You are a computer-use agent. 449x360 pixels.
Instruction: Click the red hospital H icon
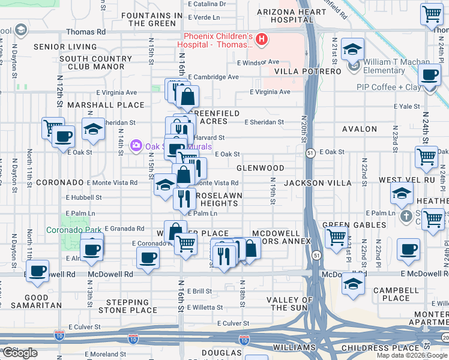click(x=261, y=40)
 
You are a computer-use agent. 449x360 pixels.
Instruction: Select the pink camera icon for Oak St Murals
click(x=136, y=145)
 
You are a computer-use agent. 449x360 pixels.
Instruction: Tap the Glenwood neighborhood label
click(x=260, y=169)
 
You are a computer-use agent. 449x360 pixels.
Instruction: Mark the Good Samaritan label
click(x=37, y=302)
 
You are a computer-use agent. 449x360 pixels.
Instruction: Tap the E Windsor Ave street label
click(x=258, y=62)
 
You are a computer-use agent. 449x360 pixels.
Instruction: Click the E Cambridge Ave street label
click(x=213, y=77)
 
